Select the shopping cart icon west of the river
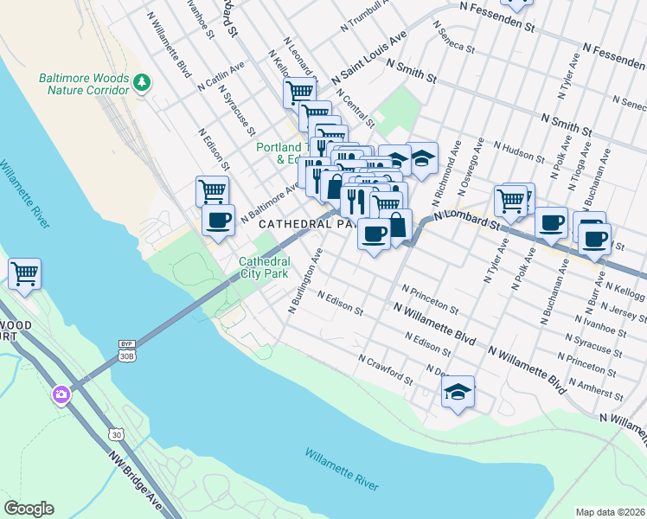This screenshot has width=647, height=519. pos(24,274)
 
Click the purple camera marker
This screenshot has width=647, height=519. pos(61,395)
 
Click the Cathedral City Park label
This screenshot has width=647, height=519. pos(263,267)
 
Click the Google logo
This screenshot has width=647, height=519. pos(29,509)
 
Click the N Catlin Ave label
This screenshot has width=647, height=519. pos(221,76)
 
